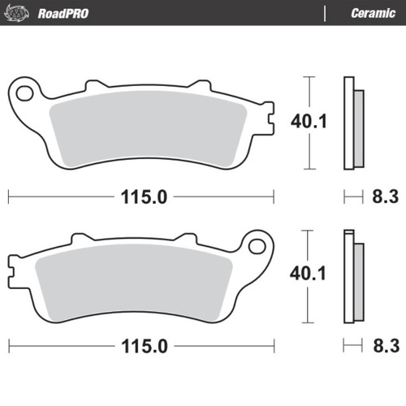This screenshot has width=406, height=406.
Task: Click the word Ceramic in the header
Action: click(373, 13)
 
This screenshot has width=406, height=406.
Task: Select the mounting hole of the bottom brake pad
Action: click(258, 244)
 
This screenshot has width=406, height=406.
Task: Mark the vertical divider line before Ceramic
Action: click(325, 13)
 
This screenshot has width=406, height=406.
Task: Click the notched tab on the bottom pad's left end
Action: click(14, 266)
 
